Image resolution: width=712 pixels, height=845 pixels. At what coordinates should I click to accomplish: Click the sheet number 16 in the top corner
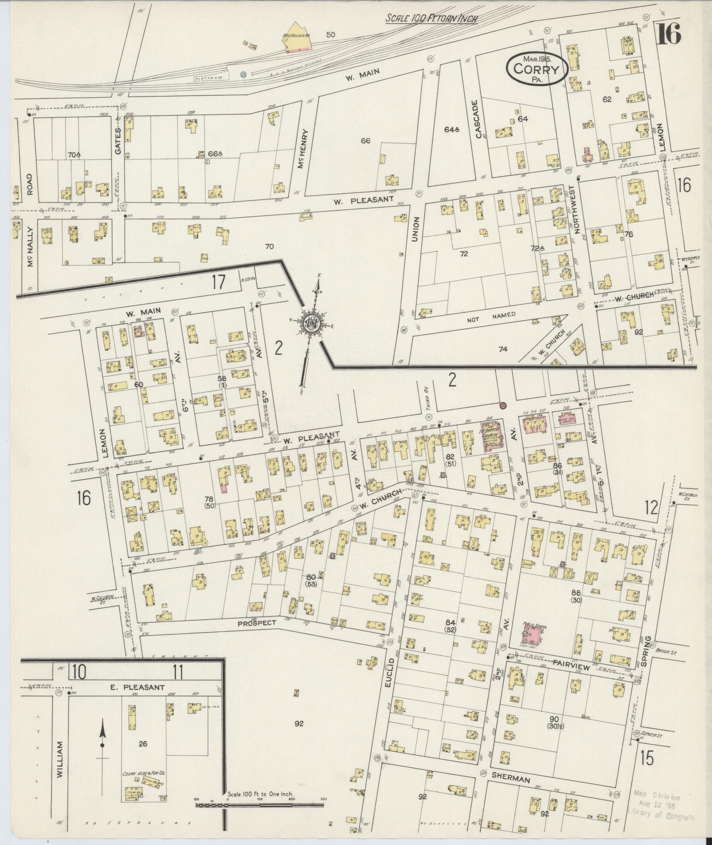pos(668,34)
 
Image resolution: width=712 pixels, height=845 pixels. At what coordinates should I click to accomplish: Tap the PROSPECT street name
pos(256,623)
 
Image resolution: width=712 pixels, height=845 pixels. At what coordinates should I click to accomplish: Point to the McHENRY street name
pos(302,148)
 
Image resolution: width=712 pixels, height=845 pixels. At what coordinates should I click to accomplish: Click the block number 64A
pos(452,129)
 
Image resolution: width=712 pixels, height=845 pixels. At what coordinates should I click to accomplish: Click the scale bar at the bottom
pos(260,805)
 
